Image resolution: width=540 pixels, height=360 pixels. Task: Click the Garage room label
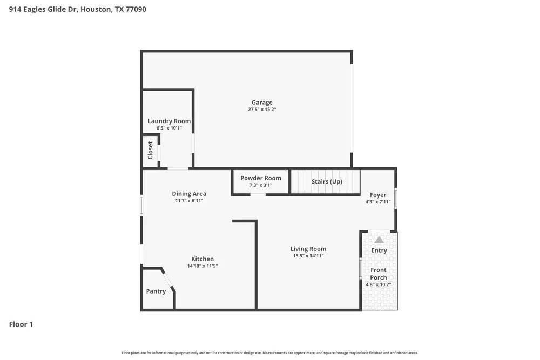[x=262, y=103]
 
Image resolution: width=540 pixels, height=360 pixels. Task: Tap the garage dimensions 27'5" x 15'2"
[x=262, y=110]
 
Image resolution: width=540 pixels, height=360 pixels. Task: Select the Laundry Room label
[x=169, y=121]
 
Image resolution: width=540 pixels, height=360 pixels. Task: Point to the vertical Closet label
[x=151, y=151]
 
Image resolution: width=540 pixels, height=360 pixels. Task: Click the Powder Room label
[x=261, y=178]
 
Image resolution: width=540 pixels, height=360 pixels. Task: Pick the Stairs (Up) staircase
[x=326, y=181]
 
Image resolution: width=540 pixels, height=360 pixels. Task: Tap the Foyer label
[x=378, y=195]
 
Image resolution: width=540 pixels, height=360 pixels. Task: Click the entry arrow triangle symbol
[x=379, y=240]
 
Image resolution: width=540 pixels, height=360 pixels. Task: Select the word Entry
[x=379, y=250]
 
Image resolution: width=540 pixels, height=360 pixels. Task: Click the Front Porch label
[x=379, y=274]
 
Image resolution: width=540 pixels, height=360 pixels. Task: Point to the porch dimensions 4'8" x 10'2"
[x=379, y=284]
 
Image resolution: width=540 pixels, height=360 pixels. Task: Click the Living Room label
[x=308, y=249]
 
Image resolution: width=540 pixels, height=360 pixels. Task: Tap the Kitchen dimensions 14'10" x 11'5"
[x=202, y=266]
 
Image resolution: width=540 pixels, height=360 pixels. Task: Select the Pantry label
[x=156, y=291]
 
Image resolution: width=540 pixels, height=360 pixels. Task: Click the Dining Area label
[x=189, y=194]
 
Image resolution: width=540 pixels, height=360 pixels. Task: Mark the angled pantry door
[x=168, y=279]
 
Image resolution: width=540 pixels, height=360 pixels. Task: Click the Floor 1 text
[x=21, y=324]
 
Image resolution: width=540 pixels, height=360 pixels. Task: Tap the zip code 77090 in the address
[x=135, y=9]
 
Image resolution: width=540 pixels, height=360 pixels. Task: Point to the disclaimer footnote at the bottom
[x=270, y=353]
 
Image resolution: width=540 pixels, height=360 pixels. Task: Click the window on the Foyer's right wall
[x=396, y=198]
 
